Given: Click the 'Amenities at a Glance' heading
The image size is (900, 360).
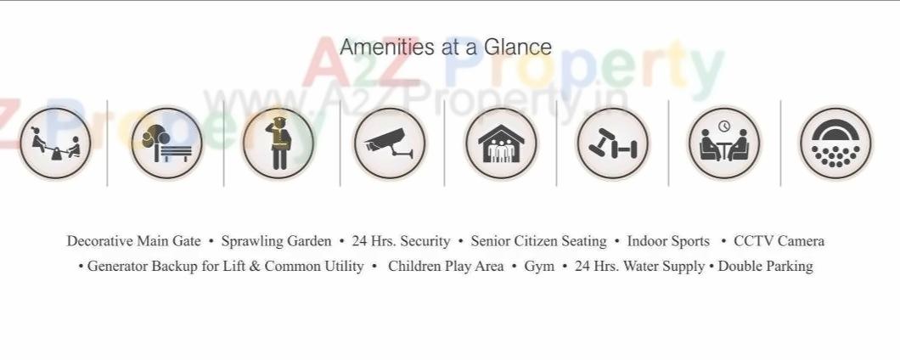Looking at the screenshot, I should tap(446, 47).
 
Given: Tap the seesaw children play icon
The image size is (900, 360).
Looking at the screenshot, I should tap(54, 143).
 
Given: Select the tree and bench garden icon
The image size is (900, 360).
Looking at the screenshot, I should tap(166, 143).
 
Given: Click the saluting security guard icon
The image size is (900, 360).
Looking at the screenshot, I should tap(278, 143).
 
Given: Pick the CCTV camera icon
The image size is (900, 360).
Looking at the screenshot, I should tap(390, 143).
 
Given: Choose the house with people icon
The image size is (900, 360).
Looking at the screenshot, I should tap(501, 143).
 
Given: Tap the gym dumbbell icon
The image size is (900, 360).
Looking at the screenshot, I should tap(612, 143).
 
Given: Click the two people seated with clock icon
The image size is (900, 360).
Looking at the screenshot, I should tap(724, 143).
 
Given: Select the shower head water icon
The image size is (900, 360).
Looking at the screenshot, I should tap(835, 143).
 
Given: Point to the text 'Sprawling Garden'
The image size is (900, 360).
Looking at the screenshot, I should tap(276, 241).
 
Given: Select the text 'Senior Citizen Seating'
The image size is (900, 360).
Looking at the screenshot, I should tap(538, 241).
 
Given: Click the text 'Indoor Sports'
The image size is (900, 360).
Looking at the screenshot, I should tap(668, 241).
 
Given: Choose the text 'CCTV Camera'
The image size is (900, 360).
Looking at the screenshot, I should tap(779, 241).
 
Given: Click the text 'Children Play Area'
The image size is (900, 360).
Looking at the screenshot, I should tap(446, 267).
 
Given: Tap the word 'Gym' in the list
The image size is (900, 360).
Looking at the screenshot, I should tap(539, 267).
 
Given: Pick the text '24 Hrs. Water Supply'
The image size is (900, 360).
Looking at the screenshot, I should tap(639, 267).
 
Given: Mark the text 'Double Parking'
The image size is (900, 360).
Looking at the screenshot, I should tap(765, 267).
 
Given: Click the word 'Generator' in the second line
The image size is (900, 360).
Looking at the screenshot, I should tap(117, 267).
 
